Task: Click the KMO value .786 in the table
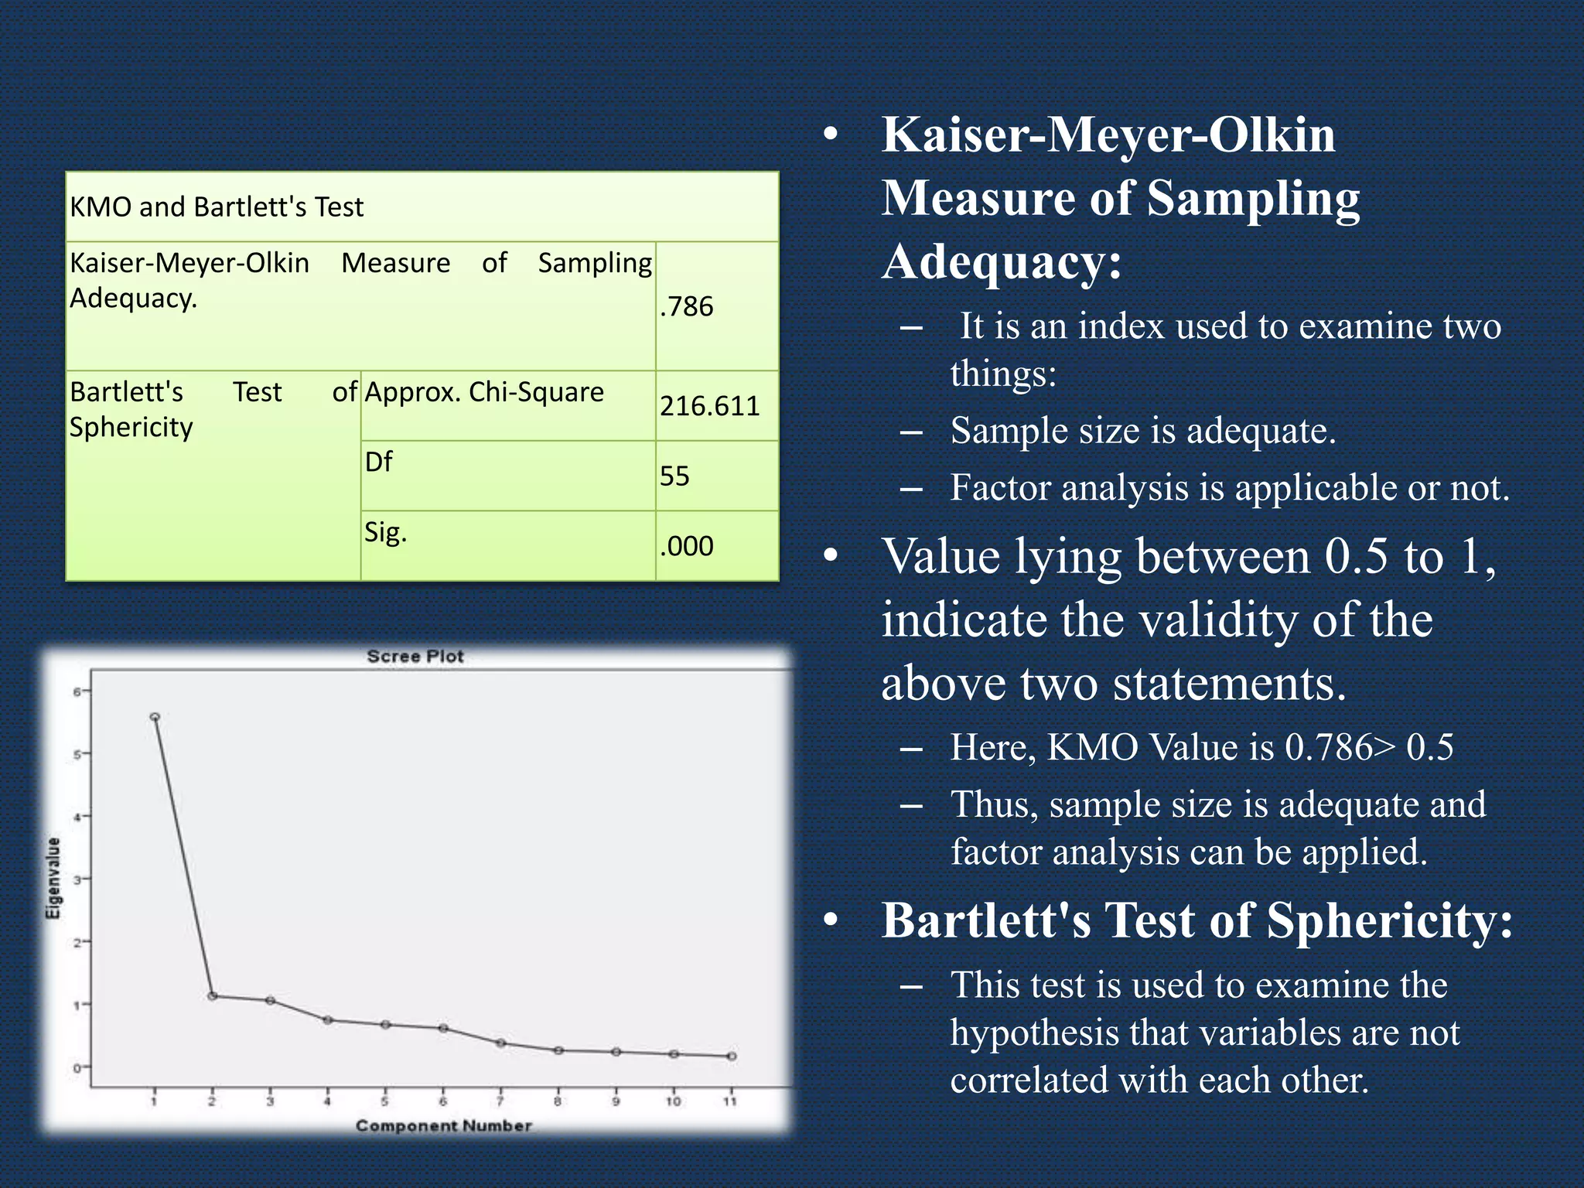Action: [x=687, y=307]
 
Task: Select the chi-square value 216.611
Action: [x=709, y=406]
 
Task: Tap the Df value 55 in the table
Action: [x=674, y=476]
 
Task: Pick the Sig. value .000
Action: [x=687, y=546]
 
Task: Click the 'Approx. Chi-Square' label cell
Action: [x=484, y=392]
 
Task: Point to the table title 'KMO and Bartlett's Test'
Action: [x=217, y=207]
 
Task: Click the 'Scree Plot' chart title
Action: [x=415, y=657]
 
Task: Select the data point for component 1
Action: [x=155, y=717]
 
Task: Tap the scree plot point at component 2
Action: [x=213, y=996]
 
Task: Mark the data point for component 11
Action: [x=732, y=1056]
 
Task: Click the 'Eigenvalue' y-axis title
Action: [x=53, y=878]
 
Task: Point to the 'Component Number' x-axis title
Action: [x=443, y=1126]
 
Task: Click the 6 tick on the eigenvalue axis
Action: [x=77, y=691]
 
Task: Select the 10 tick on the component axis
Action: [x=673, y=1101]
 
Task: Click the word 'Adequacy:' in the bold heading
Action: [x=1002, y=261]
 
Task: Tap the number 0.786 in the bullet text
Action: [x=1328, y=747]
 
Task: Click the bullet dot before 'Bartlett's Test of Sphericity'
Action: [x=831, y=920]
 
